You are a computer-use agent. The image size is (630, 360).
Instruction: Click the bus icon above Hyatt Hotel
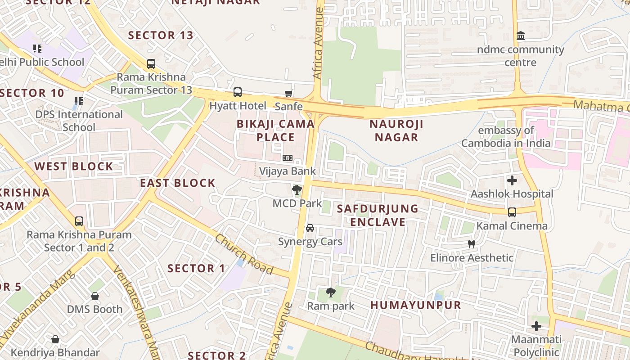click(237, 92)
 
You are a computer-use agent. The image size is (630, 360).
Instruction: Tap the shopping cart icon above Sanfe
click(288, 93)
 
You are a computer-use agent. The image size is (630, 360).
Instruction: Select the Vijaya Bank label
click(288, 171)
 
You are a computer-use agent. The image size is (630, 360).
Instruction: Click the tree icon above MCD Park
click(297, 190)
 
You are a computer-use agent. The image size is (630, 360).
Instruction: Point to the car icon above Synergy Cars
click(310, 228)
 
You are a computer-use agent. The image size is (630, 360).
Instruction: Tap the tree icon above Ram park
click(331, 292)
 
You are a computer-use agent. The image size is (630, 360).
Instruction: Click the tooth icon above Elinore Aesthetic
click(472, 244)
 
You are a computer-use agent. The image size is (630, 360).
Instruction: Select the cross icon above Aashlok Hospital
click(512, 180)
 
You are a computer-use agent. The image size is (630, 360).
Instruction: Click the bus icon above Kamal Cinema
click(512, 212)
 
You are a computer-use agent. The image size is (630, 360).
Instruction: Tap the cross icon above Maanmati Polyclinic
click(536, 326)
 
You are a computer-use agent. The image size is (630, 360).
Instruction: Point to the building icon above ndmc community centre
click(521, 36)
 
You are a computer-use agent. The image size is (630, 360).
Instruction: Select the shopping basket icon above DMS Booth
click(94, 296)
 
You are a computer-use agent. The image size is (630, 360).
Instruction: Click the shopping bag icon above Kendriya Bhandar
click(55, 339)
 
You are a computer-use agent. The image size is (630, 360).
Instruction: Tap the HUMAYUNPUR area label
click(416, 305)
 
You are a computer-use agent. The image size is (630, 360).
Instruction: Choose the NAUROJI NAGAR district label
click(396, 130)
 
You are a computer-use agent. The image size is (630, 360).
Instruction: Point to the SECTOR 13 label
click(161, 35)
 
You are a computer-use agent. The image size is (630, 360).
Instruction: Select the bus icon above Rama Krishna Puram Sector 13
click(151, 64)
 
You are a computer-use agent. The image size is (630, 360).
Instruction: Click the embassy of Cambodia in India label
click(506, 137)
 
